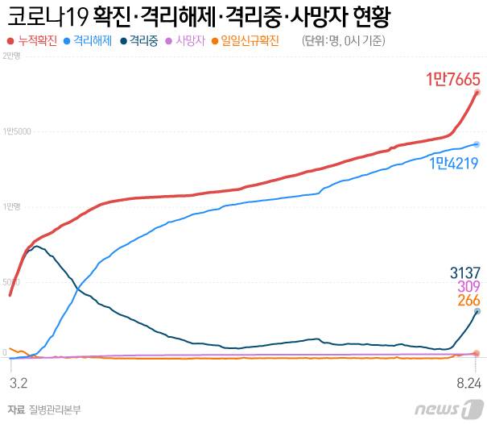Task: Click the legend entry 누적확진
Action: tap(37, 39)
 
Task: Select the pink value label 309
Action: tap(468, 286)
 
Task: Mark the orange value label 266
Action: tap(468, 301)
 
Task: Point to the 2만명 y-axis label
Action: tap(12, 55)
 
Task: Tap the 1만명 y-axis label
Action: tap(12, 206)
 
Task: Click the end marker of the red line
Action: tap(477, 93)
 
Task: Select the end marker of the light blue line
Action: tap(477, 144)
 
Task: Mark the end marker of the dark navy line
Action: tap(477, 311)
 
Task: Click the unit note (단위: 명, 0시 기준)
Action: tap(343, 40)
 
